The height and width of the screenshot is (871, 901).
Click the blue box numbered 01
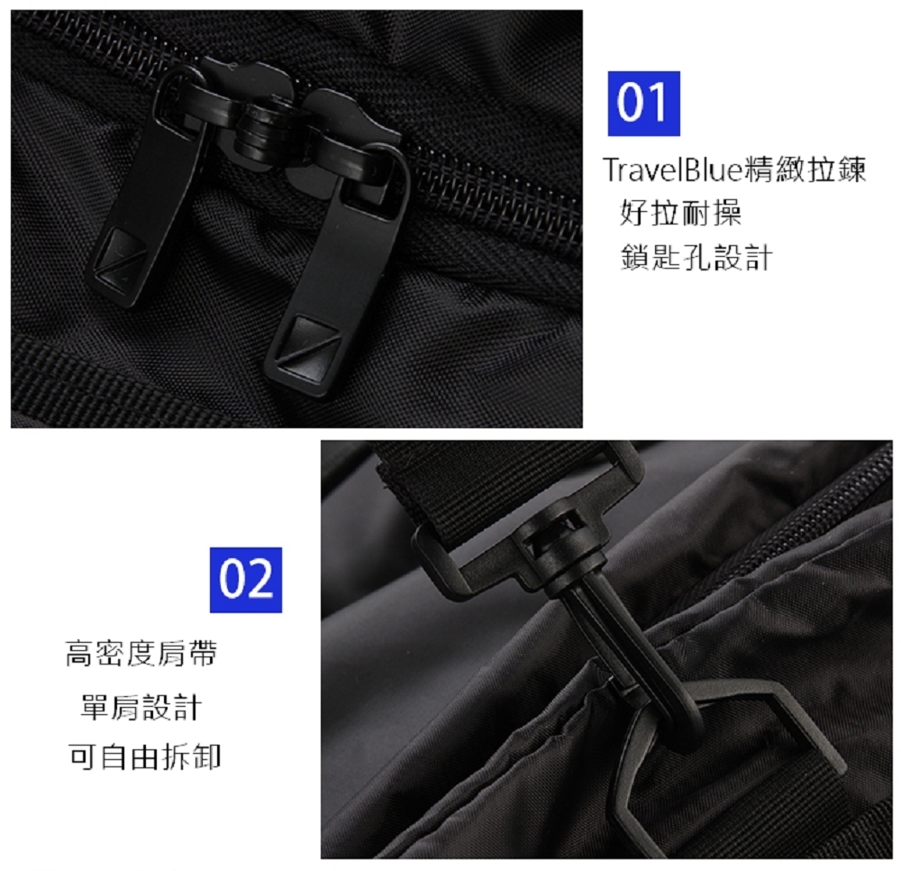[642, 104]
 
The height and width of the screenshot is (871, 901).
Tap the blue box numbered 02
[246, 580]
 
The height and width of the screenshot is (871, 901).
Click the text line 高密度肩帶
[141, 654]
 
